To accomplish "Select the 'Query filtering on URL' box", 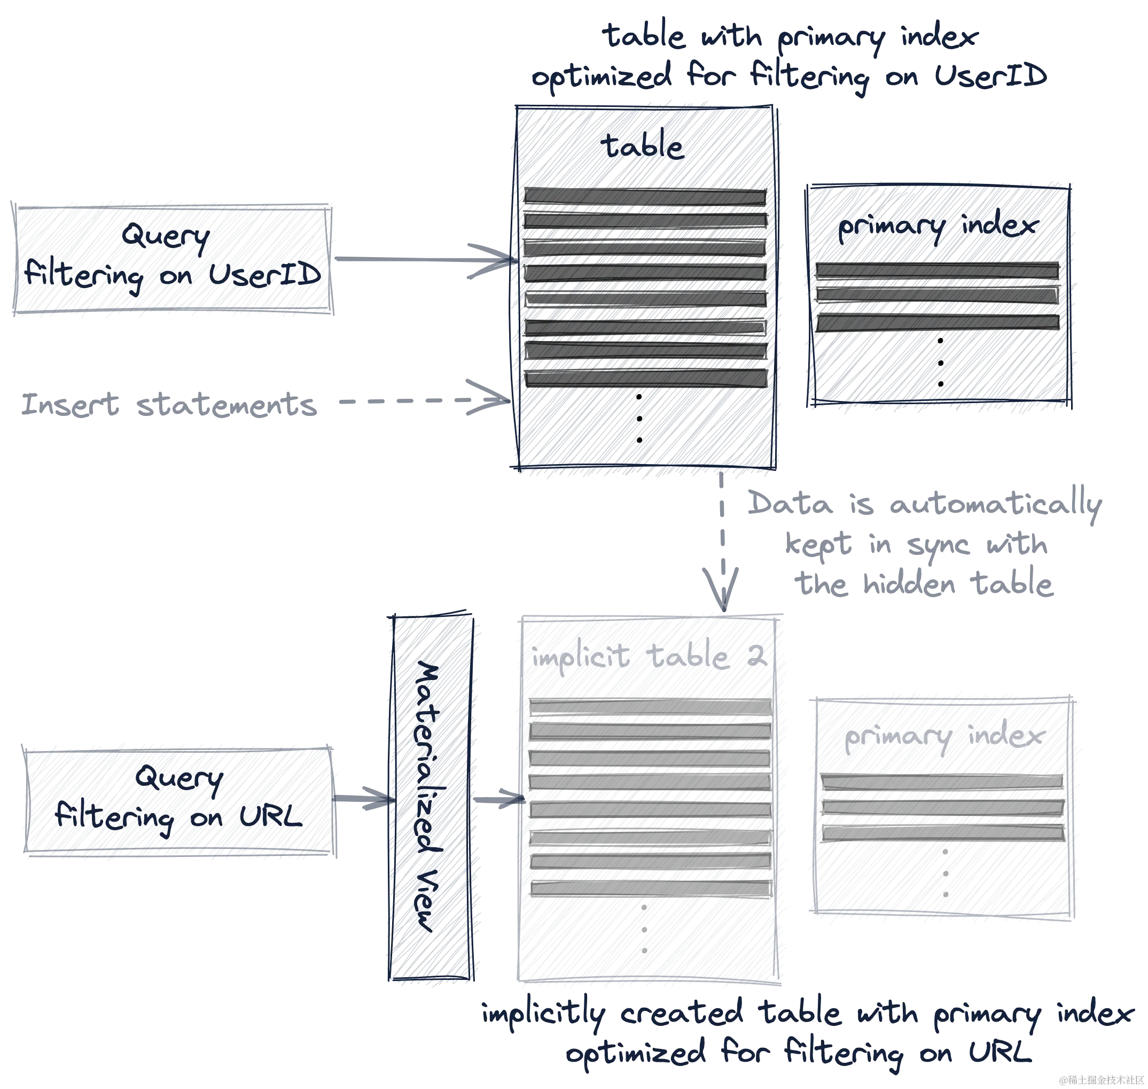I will pos(179,800).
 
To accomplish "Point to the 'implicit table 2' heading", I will pos(650,658).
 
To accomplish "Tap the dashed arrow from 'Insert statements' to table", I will pos(418,400).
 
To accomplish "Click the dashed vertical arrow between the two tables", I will pos(721,543).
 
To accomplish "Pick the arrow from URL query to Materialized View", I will pos(363,799).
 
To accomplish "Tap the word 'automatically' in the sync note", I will pos(993,505).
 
